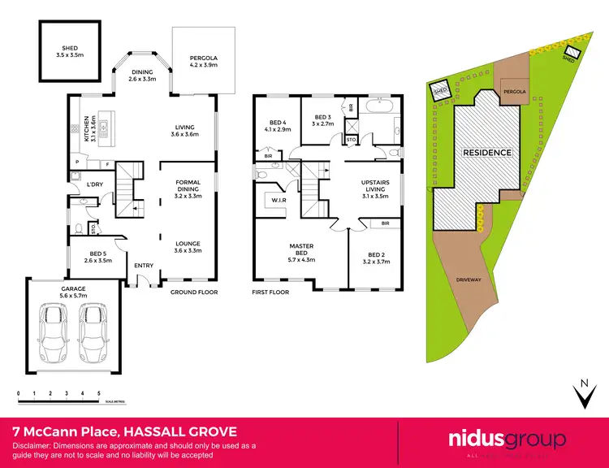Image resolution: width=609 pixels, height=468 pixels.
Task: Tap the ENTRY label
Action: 144,265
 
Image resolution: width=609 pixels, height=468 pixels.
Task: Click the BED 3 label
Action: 322,119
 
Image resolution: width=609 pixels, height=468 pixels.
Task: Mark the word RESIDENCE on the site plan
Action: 486,152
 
